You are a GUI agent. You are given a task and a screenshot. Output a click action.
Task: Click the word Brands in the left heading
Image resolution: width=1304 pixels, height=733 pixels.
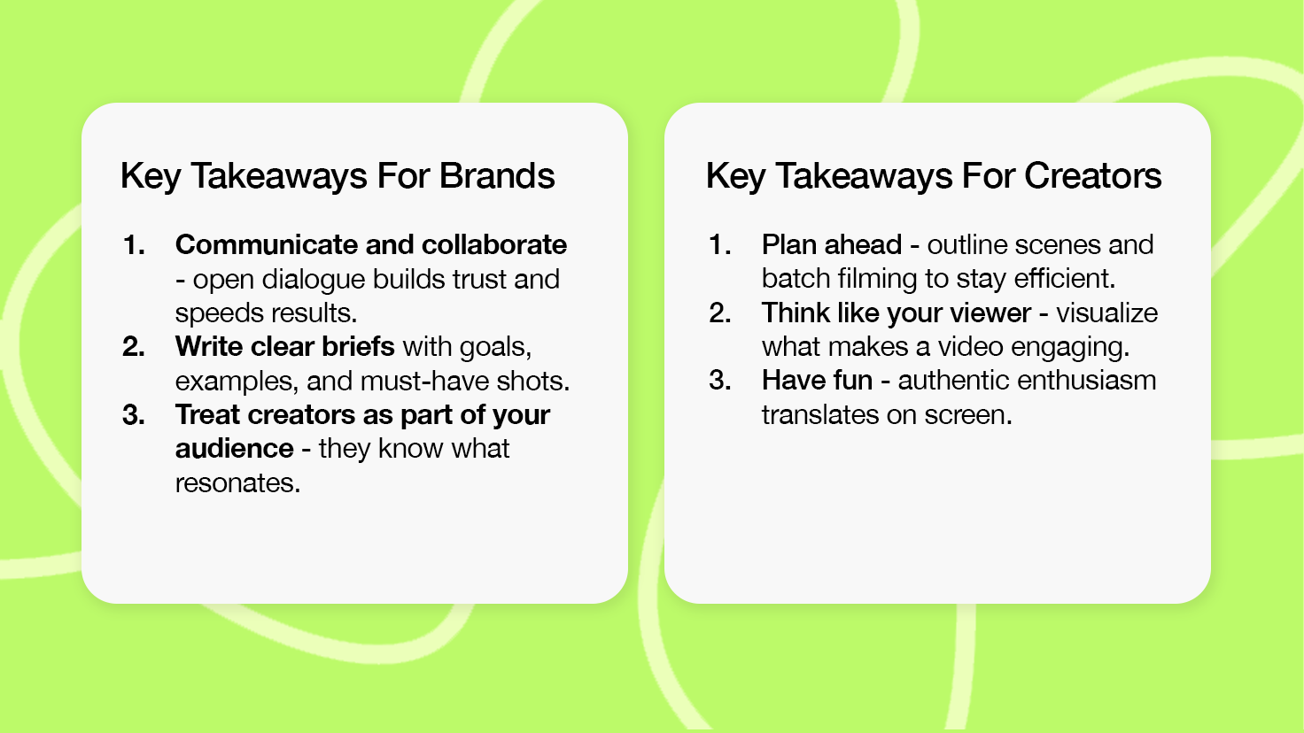point(497,175)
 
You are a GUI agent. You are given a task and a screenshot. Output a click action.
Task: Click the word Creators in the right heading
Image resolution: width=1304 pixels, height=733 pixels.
point(1092,175)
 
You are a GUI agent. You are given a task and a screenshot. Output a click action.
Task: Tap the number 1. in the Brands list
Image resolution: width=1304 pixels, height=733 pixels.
point(134,245)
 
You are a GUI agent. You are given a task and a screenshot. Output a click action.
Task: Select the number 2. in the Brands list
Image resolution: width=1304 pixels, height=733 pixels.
point(134,347)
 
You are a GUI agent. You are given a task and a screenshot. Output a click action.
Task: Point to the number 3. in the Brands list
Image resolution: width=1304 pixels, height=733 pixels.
point(134,415)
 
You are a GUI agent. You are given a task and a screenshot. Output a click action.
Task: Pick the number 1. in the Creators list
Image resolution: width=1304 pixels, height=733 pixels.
point(720,245)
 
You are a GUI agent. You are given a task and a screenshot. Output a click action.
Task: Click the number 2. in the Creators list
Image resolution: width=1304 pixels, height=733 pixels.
point(720,313)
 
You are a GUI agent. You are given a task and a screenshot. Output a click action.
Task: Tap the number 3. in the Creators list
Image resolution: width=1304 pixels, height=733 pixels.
point(720,381)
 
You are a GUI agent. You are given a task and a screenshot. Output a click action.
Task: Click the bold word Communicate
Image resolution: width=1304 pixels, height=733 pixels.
point(266,245)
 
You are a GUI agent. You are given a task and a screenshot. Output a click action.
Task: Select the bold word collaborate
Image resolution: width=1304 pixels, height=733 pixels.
point(494,245)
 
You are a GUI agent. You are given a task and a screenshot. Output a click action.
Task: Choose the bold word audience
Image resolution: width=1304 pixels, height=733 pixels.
point(235,449)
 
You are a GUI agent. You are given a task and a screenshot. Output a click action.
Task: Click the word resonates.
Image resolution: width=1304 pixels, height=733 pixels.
point(237,483)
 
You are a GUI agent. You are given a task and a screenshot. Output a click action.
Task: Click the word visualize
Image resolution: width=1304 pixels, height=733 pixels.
point(1107,313)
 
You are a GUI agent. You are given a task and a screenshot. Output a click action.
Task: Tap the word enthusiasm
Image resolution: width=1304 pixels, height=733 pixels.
point(1086,381)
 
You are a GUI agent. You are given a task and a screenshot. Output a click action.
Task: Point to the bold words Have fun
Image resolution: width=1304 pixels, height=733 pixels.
point(818,381)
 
